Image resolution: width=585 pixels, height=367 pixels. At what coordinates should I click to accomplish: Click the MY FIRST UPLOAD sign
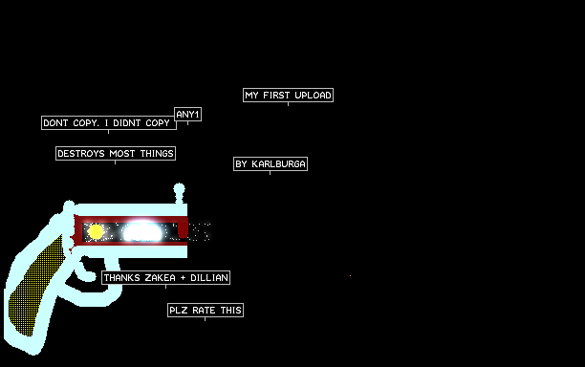tap(288, 96)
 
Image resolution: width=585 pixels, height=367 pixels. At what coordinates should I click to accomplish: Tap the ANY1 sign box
tap(188, 114)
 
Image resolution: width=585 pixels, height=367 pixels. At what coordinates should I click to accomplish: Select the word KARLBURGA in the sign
tap(278, 164)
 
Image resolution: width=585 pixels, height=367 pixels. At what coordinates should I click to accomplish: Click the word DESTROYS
tap(81, 154)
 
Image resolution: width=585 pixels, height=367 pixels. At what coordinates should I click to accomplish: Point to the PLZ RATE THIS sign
tap(206, 311)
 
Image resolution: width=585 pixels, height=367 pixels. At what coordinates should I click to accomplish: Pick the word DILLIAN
tap(209, 278)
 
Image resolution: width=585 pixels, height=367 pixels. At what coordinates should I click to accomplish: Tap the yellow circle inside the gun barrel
tap(96, 232)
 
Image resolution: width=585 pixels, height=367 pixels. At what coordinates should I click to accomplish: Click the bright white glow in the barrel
tap(141, 232)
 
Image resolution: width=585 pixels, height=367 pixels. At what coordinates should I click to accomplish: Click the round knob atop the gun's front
tap(180, 188)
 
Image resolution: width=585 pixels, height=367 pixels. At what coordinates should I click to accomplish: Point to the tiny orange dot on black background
tap(350, 275)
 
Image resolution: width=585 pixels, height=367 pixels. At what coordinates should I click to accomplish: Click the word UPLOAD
tap(313, 96)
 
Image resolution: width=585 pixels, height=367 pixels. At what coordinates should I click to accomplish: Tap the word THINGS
tap(157, 154)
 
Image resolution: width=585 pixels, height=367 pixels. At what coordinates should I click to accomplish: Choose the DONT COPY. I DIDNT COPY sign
tap(109, 123)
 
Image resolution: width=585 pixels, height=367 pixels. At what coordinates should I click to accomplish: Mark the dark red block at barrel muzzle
tap(183, 229)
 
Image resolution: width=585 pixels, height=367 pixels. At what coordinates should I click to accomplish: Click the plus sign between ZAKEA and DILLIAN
tap(183, 278)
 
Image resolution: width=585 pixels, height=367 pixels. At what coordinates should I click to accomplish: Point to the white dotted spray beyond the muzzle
tap(200, 232)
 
